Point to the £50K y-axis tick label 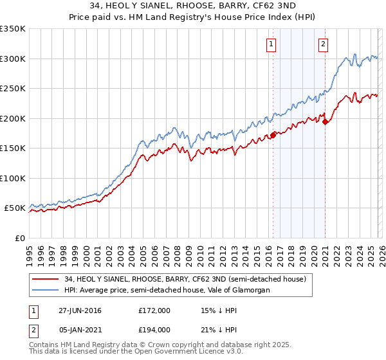pos(14,208)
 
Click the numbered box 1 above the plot pos(271,44)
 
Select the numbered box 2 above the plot pos(323,44)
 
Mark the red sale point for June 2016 pos(273,135)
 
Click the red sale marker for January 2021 pos(325,122)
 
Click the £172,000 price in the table pos(154,310)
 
